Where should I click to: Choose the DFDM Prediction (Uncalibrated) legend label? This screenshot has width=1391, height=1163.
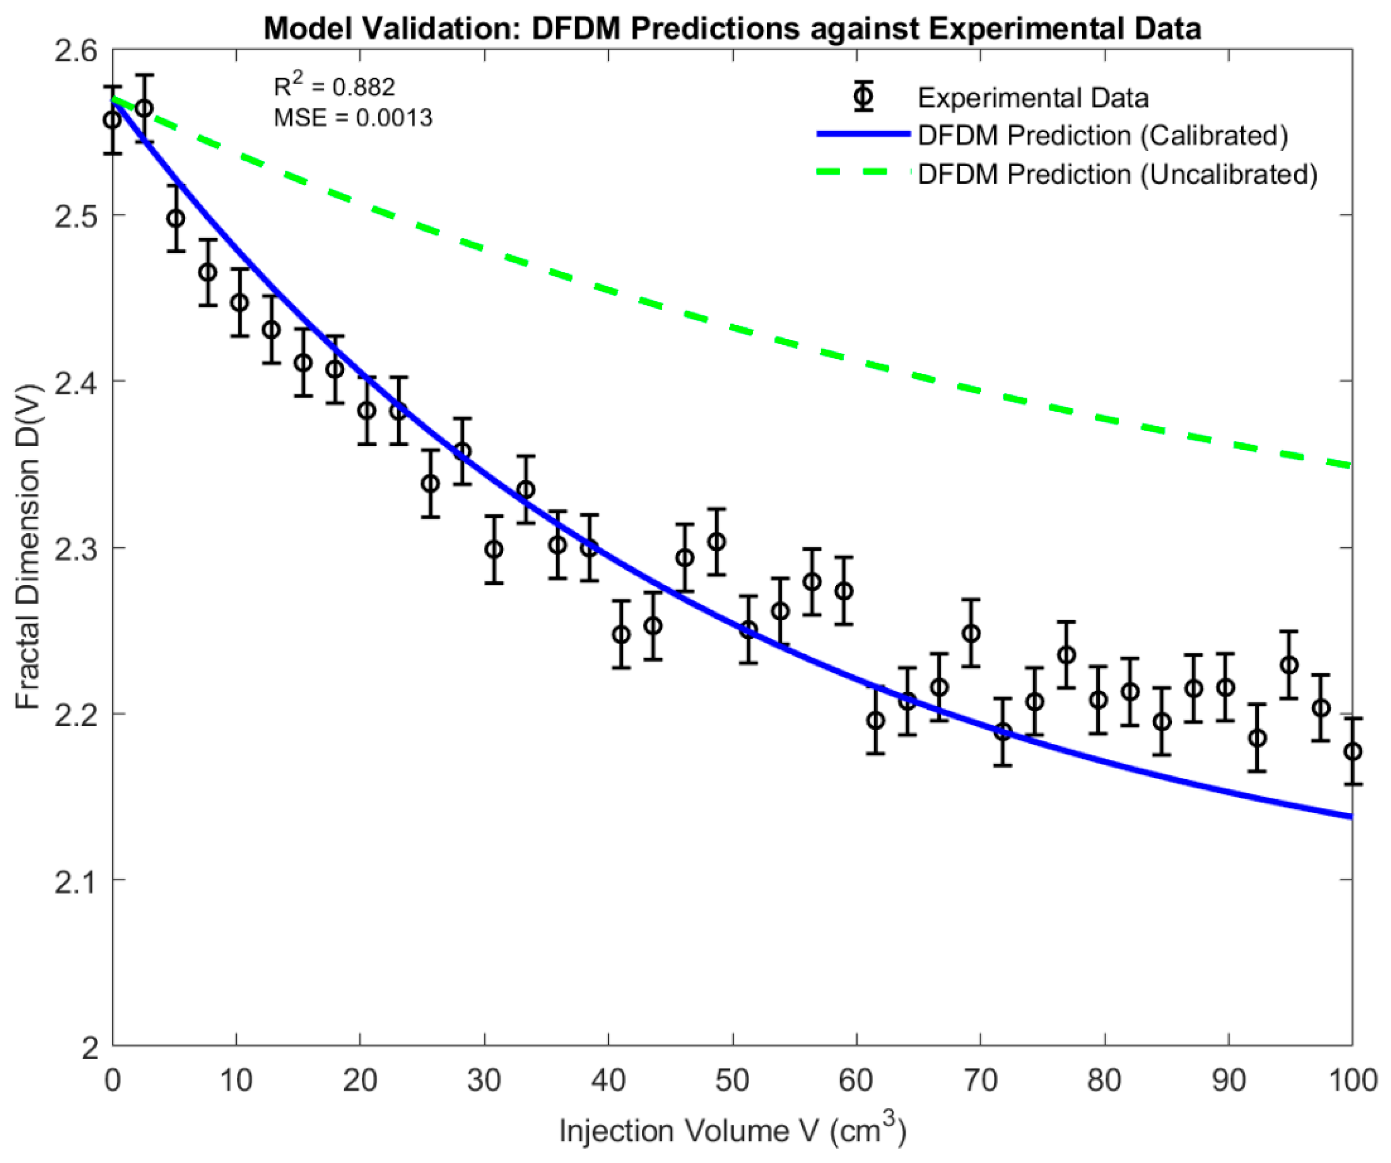[x=1117, y=174]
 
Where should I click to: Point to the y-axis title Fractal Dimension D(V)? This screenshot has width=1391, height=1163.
[x=28, y=547]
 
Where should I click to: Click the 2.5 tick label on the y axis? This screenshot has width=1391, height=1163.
[x=75, y=216]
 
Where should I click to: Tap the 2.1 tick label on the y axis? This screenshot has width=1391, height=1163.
[x=75, y=880]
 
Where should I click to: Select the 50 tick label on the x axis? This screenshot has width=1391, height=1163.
[x=732, y=1081]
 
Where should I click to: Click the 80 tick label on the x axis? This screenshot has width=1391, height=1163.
[x=1104, y=1081]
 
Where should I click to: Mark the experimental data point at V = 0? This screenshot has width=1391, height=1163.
[x=112, y=120]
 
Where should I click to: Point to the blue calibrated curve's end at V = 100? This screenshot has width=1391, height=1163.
[x=1350, y=816]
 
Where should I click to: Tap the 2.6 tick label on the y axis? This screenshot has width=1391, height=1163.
[x=75, y=50]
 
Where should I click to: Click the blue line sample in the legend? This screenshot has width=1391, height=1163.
[x=863, y=135]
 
